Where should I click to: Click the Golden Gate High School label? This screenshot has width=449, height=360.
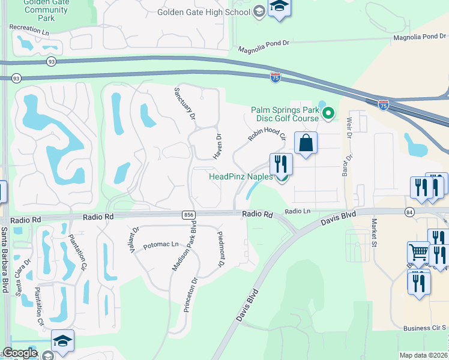tap(203, 12)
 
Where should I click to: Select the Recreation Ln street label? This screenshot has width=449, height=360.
tap(29, 29)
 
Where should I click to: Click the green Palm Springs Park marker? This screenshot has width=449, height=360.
tap(328, 112)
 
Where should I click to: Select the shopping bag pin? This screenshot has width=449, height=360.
tap(306, 143)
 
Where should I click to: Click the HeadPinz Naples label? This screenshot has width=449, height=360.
tap(240, 176)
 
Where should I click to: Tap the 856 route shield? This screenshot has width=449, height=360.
tap(188, 214)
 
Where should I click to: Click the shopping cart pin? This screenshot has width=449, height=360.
tap(418, 253)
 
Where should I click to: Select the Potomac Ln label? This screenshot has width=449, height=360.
tap(161, 245)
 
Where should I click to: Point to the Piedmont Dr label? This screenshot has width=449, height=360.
tap(220, 247)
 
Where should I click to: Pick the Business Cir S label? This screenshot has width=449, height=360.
tap(424, 328)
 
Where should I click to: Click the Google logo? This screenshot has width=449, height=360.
tap(20, 353)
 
